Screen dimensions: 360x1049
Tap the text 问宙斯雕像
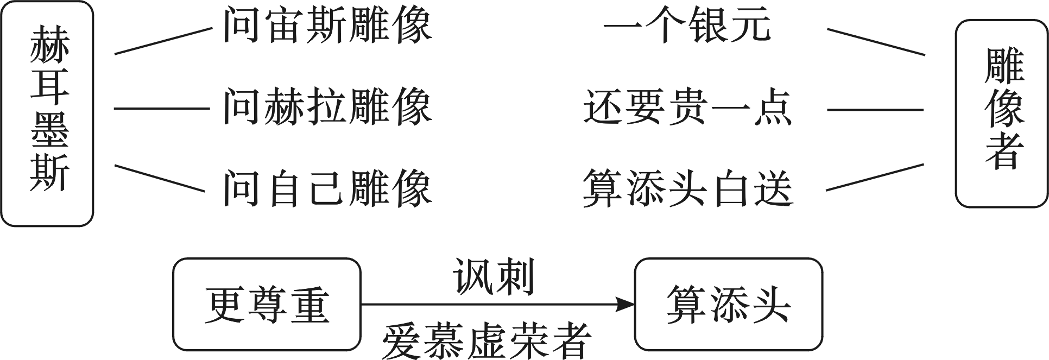tap(327, 26)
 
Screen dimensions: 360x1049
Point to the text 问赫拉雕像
tap(327, 108)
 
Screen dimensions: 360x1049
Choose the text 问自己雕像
tap(327, 188)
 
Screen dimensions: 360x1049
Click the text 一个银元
tap(687, 26)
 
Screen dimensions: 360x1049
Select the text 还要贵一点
tap(687, 108)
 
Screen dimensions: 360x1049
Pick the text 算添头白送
tap(687, 188)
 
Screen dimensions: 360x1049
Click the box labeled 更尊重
tap(267, 305)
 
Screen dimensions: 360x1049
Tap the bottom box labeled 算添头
tap(728, 305)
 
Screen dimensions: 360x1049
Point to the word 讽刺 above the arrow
tap(494, 277)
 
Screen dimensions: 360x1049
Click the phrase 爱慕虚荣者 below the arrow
tap(486, 342)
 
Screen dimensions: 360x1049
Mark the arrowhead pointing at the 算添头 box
tap(627, 305)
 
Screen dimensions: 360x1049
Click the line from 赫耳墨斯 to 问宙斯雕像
tap(163, 41)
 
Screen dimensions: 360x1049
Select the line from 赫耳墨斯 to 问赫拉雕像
tap(162, 109)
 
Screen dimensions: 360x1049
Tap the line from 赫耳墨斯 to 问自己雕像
tap(160, 178)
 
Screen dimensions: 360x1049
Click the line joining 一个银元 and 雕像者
tap(875, 41)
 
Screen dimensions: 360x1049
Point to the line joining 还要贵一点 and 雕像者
tap(875, 110)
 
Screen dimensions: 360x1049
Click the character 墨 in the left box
tap(49, 131)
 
